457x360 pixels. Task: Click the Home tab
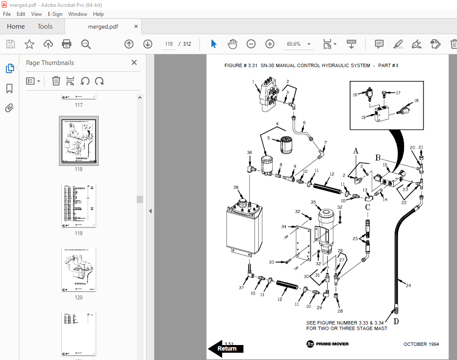tap(16, 27)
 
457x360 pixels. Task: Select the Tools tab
tap(45, 27)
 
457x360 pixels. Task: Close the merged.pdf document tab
tap(136, 27)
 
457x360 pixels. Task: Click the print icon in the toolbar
tap(67, 44)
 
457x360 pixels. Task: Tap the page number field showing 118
tap(168, 44)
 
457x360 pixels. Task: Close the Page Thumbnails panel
tap(134, 63)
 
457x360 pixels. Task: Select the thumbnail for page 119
tap(79, 206)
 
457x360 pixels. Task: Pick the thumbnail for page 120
tap(79, 269)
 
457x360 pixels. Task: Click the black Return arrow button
tap(226, 348)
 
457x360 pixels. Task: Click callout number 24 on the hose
tap(408, 286)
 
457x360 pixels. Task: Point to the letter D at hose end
tap(395, 322)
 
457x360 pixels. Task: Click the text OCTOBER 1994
tap(421, 344)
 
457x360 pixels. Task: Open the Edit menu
tap(21, 14)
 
